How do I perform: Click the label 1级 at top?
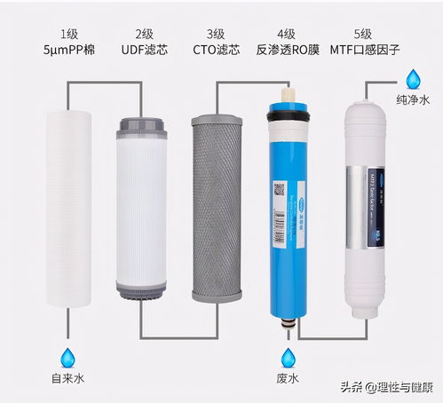(x=68, y=32)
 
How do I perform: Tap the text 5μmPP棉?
(x=68, y=51)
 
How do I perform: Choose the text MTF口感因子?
(x=371, y=51)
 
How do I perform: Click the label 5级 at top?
(x=371, y=32)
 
